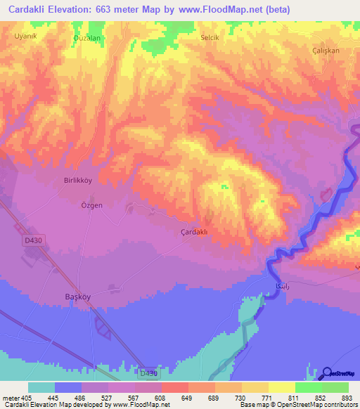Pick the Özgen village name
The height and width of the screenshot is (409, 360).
click(x=91, y=205)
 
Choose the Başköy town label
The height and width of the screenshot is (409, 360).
click(x=77, y=297)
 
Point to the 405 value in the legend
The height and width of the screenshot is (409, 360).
click(x=27, y=397)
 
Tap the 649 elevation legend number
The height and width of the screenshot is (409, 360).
click(x=187, y=397)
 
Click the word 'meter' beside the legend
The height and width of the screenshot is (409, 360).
click(x=10, y=397)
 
